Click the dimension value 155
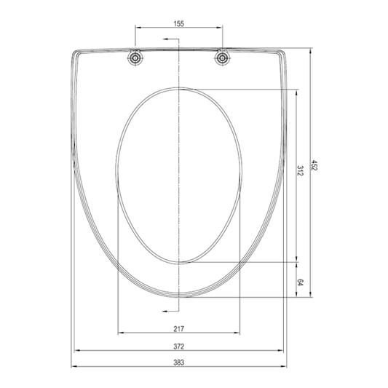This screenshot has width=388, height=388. (x=178, y=24)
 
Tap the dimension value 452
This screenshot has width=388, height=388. (x=314, y=165)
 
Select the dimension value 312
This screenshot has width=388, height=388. (x=300, y=170)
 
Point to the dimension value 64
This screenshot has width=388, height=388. (x=300, y=282)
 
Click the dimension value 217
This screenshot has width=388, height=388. (x=178, y=328)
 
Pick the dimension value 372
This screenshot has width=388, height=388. (x=178, y=347)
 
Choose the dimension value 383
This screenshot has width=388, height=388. (x=178, y=363)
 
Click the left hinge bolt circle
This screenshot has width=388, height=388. (x=135, y=58)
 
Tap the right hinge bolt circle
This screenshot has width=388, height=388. (x=223, y=58)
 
